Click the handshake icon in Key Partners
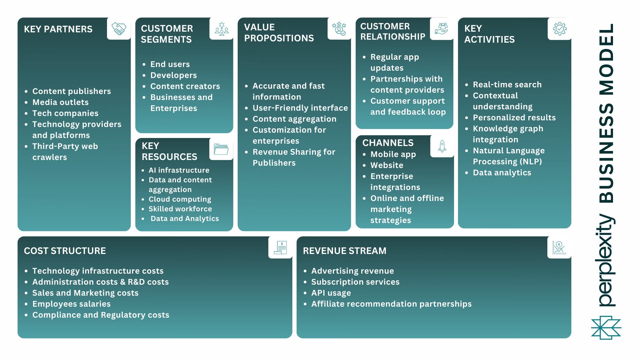[x=119, y=29]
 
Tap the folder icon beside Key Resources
[x=221, y=149]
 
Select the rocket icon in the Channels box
[x=442, y=146]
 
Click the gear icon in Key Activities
[x=559, y=29]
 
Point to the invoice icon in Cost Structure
[x=280, y=248]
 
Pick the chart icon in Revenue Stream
[x=559, y=248]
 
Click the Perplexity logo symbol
[x=606, y=328]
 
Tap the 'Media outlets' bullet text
[x=60, y=102]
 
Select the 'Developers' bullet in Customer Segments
[x=173, y=75]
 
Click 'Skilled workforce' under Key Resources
[x=180, y=209]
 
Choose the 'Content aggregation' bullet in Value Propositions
[x=294, y=119]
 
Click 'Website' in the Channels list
[x=387, y=165]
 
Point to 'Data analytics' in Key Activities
[x=502, y=173]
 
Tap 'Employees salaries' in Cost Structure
[x=71, y=304]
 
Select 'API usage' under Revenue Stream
[x=331, y=293]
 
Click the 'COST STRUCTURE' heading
[x=65, y=251]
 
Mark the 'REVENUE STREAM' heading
[x=344, y=251]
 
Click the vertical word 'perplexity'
[x=605, y=260]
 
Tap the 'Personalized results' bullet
[x=514, y=118]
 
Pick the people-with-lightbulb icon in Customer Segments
[x=221, y=29]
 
